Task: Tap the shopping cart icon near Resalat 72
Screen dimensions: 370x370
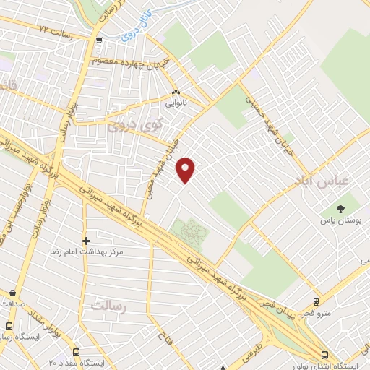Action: point(99,40)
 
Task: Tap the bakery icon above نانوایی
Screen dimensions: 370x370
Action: point(176,92)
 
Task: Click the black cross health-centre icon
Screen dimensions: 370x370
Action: point(86,240)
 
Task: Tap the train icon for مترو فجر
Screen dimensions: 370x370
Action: point(316,303)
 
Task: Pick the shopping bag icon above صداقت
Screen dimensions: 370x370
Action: point(13,293)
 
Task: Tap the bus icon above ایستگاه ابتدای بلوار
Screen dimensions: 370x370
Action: point(324,355)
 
